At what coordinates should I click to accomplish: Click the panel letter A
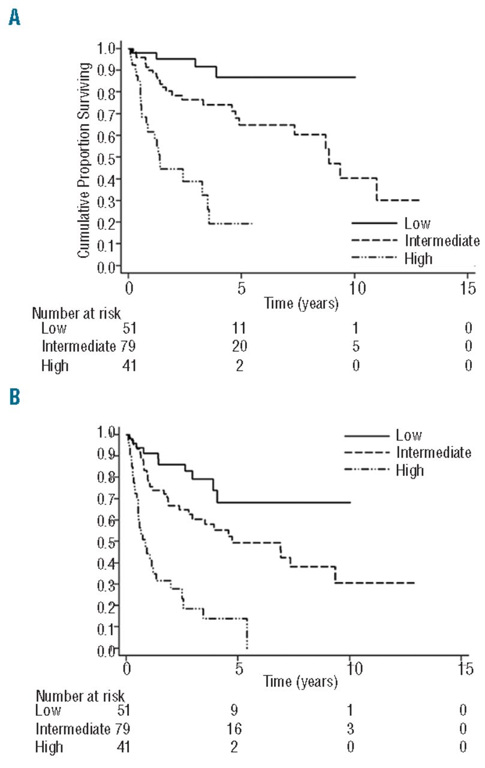[x=13, y=20]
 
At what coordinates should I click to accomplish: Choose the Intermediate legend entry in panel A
[x=442, y=241]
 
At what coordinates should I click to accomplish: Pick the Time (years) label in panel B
[x=300, y=682]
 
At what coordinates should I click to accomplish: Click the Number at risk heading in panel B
[x=80, y=697]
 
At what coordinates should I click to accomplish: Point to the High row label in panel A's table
[x=55, y=365]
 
